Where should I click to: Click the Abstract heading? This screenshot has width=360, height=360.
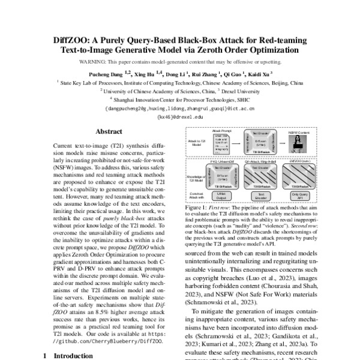click(x=109, y=131)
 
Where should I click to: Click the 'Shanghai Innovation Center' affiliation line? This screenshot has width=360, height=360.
click(x=180, y=100)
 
